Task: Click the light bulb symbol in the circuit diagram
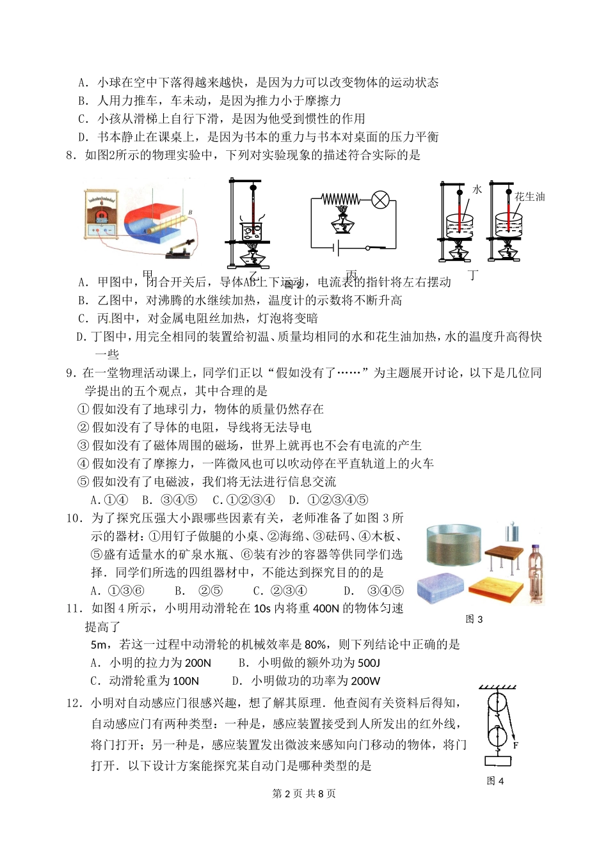pos(380,201)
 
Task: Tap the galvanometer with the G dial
pos(100,214)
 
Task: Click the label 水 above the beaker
pos(477,190)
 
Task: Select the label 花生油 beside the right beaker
pos(530,197)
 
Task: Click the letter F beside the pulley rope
pos(516,745)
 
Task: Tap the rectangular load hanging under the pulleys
pos(497,761)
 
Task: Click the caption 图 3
pos(474,619)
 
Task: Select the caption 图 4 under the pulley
pos(495,781)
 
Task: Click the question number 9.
pos(70,373)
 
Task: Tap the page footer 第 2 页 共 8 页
pos(304,793)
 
